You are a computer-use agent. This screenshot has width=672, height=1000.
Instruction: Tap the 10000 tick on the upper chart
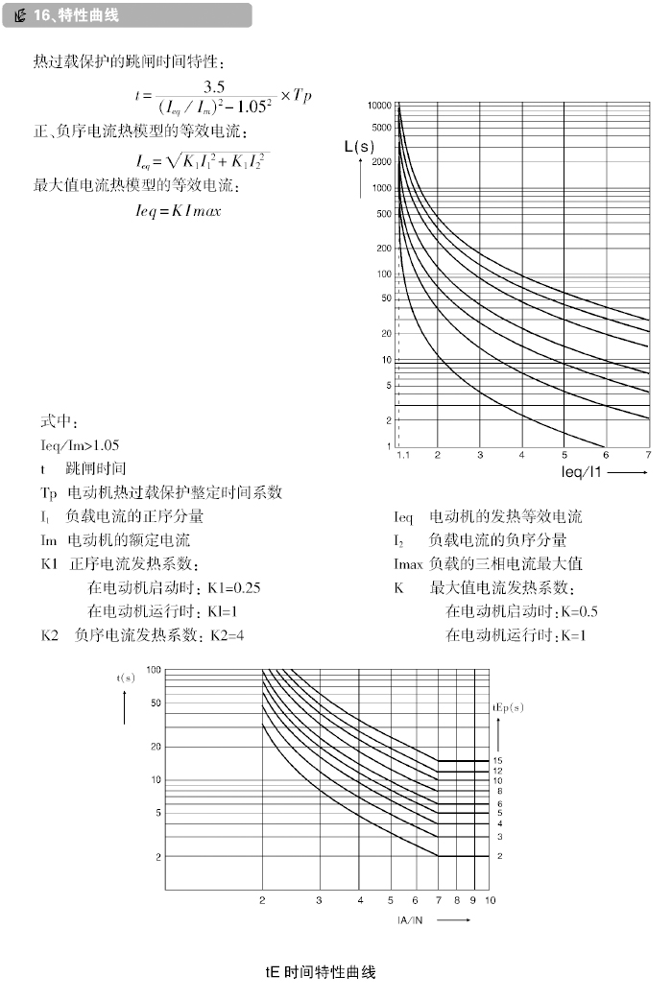tap(379, 105)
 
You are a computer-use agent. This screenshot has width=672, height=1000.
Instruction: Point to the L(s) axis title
tap(359, 147)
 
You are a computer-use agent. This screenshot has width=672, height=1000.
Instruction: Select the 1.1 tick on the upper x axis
tap(403, 455)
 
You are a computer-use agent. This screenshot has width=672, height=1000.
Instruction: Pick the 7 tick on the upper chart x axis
tap(649, 455)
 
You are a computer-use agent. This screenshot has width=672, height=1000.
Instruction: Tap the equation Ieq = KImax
tap(178, 210)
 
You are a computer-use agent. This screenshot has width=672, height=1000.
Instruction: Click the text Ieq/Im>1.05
tap(81, 445)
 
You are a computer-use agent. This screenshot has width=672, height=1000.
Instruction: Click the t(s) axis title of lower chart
tap(126, 678)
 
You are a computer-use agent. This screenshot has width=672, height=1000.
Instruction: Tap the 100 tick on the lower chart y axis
tap(154, 669)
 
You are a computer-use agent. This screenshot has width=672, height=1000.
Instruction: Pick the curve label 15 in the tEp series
tap(499, 761)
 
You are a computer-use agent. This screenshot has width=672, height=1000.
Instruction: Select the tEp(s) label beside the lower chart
tap(509, 707)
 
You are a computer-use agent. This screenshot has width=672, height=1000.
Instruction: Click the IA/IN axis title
tap(414, 918)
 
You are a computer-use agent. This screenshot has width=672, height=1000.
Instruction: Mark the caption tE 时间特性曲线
tap(320, 972)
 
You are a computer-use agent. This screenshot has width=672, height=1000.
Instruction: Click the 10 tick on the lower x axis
tap(490, 900)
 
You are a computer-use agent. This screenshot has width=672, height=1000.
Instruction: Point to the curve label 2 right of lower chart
tap(499, 855)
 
